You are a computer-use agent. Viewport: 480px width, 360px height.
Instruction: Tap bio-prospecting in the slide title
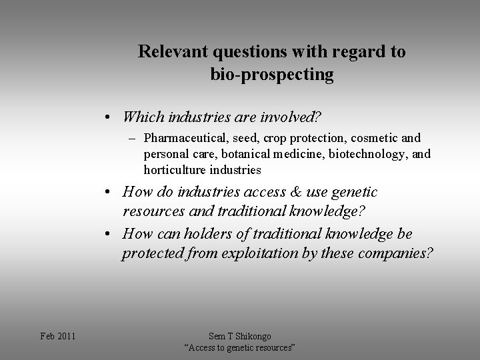tap(272, 75)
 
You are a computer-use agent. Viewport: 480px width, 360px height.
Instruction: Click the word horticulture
tap(173, 170)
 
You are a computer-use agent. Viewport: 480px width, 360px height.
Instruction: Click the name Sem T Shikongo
tap(239, 336)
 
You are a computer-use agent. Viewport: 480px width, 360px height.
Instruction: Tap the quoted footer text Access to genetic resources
tap(239, 348)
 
